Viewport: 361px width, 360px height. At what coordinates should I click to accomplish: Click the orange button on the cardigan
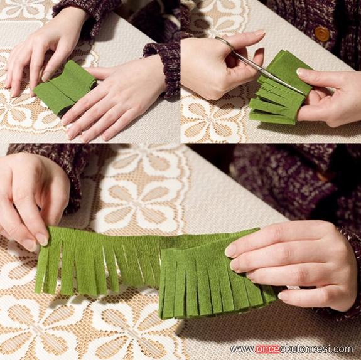point(322,34)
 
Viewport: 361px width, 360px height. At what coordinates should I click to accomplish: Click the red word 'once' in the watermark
point(267,349)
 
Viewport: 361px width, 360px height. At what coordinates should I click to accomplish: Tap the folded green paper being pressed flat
point(66,87)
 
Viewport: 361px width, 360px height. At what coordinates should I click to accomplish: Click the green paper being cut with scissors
point(281,90)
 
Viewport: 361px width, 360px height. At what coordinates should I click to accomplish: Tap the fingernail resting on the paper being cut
point(301,71)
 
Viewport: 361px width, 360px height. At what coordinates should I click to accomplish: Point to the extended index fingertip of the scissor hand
point(259,33)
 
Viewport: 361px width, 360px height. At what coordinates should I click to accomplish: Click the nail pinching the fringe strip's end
point(42,239)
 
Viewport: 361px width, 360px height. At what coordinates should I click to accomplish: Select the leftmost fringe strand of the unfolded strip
point(40,269)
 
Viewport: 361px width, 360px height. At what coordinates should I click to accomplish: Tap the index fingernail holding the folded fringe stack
point(231,251)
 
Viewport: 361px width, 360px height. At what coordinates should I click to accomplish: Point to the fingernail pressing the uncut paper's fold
point(46,77)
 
